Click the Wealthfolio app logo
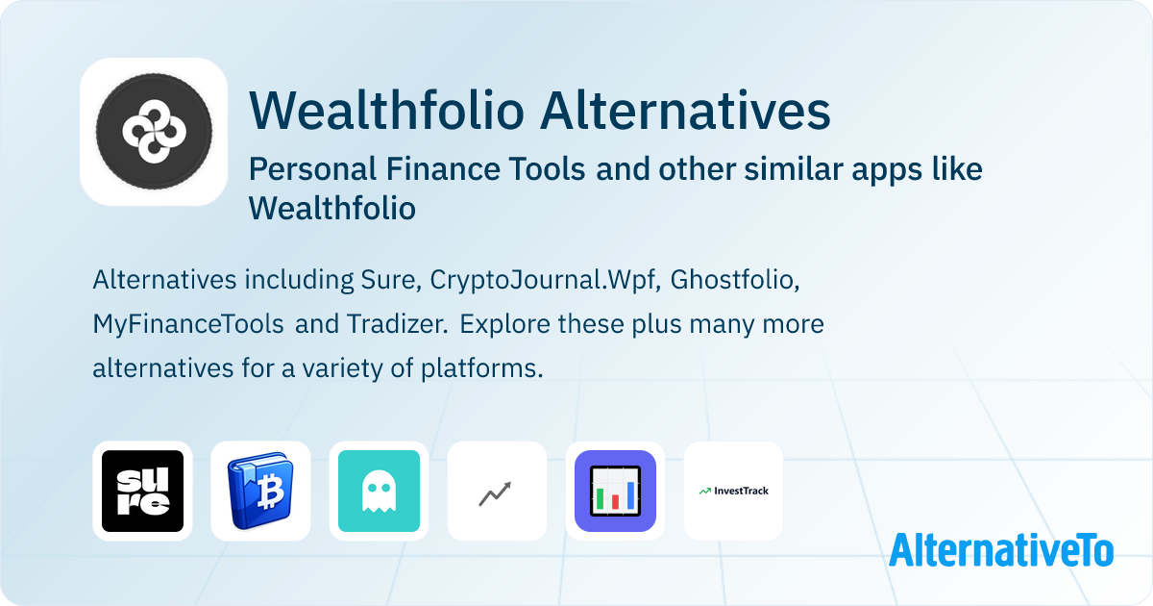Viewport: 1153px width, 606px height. coord(154,132)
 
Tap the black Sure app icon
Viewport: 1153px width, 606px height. coord(142,492)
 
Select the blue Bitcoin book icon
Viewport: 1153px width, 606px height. coord(260,492)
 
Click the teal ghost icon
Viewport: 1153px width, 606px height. coord(379,492)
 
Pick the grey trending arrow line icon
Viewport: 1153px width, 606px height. coord(495,494)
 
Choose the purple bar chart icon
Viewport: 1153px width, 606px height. coord(615,492)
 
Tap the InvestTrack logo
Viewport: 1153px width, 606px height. coord(733,492)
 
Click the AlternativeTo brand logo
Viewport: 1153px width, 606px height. coord(1001,550)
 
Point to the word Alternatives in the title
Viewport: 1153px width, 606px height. coord(685,111)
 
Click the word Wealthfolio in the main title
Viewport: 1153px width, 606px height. coord(386,111)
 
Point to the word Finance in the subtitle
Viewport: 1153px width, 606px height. coord(443,169)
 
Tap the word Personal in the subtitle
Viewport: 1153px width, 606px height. coord(313,169)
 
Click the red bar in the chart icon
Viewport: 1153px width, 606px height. coord(615,502)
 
